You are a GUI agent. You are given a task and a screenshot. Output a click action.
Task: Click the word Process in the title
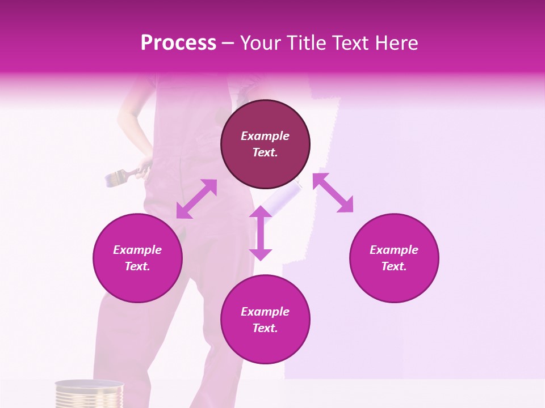[x=178, y=43]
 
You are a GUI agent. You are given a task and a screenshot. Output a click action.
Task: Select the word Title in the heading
[x=307, y=43]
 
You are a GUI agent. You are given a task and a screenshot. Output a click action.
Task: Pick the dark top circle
[x=265, y=144]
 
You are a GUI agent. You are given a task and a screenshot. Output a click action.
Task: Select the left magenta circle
[x=137, y=258]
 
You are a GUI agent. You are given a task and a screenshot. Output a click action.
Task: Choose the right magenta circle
[x=394, y=258]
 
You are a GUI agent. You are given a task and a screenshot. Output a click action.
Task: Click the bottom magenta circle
[x=265, y=320]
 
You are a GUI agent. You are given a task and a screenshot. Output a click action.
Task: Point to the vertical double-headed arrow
[x=261, y=233]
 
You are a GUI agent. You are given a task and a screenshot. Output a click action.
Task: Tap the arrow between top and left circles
[x=196, y=199]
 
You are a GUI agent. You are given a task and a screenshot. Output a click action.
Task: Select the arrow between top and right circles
[x=333, y=193]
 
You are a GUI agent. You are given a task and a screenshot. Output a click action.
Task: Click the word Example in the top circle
[x=265, y=136]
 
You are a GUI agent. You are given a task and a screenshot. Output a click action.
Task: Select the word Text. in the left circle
[x=137, y=266]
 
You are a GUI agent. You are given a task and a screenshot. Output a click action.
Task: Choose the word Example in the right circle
[x=394, y=250]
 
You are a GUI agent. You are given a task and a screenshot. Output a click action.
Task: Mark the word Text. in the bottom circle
[x=265, y=328]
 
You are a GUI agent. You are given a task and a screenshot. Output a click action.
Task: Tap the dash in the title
[x=228, y=43]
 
